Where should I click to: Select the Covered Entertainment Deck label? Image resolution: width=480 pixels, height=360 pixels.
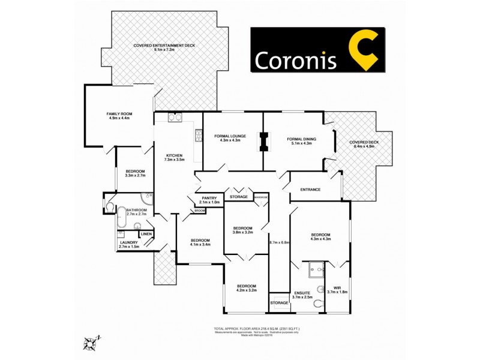(x=164, y=47)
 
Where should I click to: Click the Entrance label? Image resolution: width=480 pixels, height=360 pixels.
(x=310, y=190)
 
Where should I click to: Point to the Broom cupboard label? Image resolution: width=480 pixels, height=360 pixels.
(x=199, y=211)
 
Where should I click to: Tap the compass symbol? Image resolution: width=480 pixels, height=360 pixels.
(x=91, y=343)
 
